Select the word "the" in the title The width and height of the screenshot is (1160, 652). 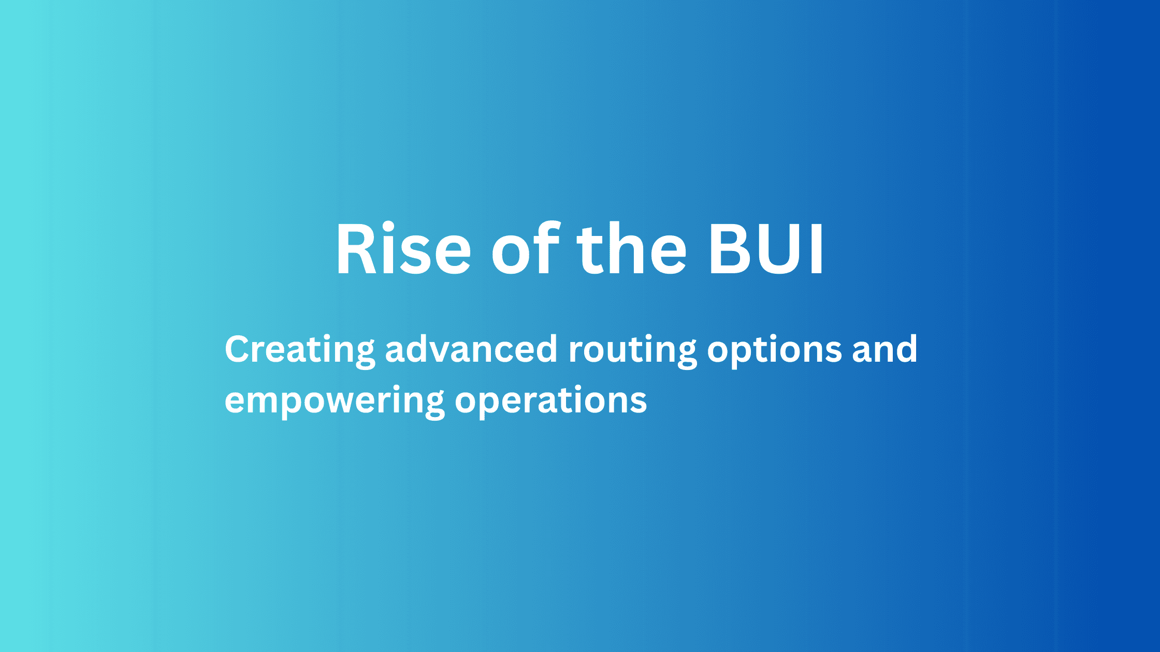tap(632, 249)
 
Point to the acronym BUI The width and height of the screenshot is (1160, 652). tap(766, 249)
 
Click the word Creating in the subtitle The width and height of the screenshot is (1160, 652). tap(299, 350)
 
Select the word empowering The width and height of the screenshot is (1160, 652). tap(334, 401)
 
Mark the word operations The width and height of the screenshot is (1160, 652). tap(551, 401)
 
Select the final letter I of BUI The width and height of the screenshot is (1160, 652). tap(817, 249)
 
